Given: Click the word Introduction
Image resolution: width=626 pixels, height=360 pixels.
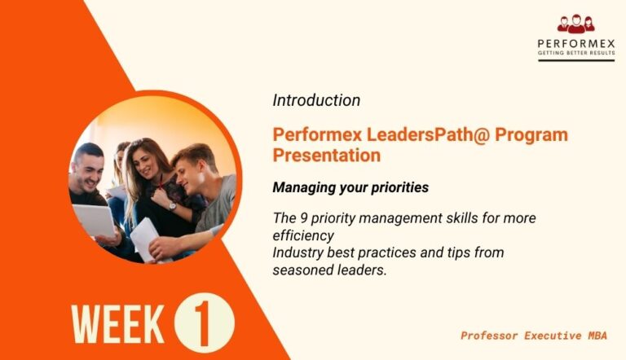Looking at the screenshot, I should click(x=316, y=101).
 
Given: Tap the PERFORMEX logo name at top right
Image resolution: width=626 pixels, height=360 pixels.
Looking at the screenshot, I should click(x=575, y=43).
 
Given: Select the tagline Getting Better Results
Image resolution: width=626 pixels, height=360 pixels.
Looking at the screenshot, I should click(x=575, y=54).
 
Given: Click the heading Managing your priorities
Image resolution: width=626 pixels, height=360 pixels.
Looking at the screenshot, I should click(x=350, y=187).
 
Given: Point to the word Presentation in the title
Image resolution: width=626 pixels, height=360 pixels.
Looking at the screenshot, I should click(x=326, y=155).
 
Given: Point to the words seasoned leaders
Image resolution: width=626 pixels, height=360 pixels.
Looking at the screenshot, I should click(x=328, y=270).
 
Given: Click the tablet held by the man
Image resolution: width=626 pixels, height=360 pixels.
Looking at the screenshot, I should click(x=95, y=220).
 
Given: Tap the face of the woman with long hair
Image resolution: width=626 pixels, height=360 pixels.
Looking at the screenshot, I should click(x=146, y=159).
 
